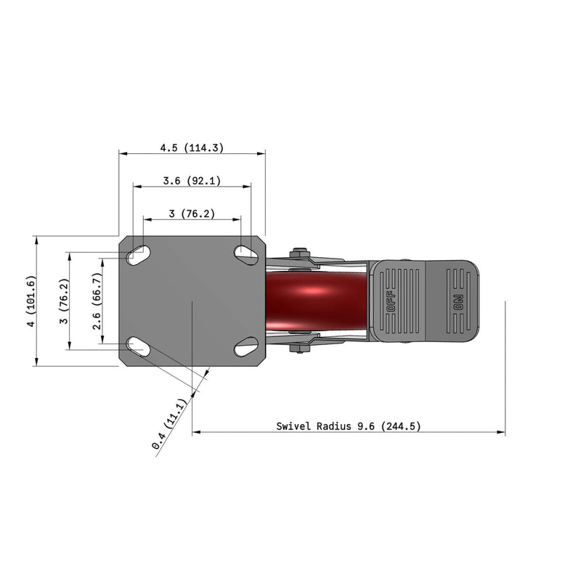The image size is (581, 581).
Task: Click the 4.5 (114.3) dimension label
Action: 192,148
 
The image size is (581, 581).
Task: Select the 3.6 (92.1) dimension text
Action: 192,180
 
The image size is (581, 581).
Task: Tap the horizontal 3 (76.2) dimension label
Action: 192,214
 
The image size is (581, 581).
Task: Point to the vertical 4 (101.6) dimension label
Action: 31,301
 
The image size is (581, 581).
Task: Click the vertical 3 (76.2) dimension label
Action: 64,301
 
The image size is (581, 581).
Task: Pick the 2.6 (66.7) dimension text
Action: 97,301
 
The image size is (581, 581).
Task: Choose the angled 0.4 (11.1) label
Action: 169,424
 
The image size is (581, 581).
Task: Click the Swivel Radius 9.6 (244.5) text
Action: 349,426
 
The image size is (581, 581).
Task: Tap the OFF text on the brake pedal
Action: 391,301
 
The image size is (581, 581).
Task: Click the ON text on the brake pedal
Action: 458,302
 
